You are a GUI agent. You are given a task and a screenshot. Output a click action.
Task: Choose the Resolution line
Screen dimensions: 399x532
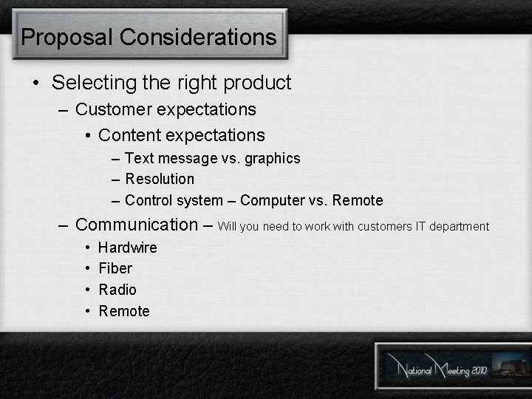160,179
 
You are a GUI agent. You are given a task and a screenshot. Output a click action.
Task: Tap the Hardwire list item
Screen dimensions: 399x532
127,248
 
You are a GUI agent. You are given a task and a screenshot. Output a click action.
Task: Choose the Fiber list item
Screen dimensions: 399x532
115,268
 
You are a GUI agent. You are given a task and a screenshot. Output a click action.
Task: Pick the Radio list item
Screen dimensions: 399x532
117,290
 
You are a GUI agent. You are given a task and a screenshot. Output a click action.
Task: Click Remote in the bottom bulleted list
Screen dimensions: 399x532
124,311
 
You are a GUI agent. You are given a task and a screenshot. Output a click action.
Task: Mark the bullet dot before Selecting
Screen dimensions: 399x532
36,83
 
